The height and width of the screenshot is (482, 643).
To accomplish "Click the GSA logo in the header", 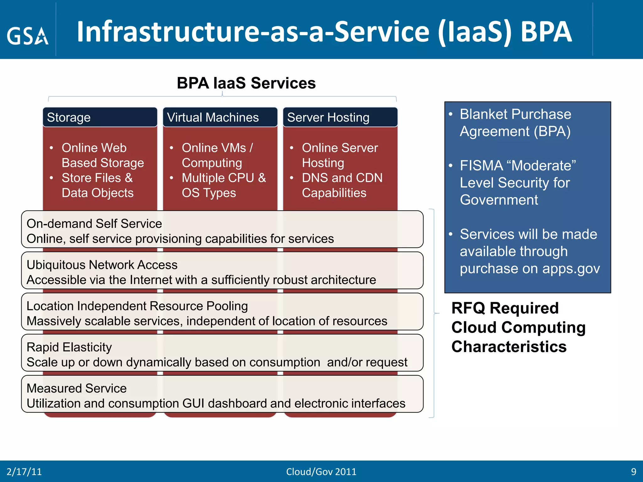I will pyautogui.click(x=28, y=36).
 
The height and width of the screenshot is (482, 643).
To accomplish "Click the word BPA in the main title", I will pyautogui.click(x=546, y=32).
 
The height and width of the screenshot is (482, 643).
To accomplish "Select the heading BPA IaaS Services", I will pyautogui.click(x=246, y=83).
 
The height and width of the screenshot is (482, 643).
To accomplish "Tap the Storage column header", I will pyautogui.click(x=69, y=117).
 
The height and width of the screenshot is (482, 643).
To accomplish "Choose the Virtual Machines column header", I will pyautogui.click(x=213, y=117).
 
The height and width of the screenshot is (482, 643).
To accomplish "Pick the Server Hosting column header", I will pyautogui.click(x=328, y=117).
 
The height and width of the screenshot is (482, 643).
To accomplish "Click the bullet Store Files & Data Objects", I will pyautogui.click(x=97, y=185).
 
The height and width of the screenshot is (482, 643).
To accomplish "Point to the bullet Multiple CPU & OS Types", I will pyautogui.click(x=224, y=185).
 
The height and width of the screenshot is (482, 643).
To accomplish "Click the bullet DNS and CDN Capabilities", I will pyautogui.click(x=342, y=185).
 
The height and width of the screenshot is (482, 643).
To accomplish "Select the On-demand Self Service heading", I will pyautogui.click(x=94, y=224).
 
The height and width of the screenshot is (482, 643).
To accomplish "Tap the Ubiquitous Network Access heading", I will pyautogui.click(x=102, y=265).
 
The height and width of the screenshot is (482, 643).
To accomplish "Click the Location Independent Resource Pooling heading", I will pyautogui.click(x=137, y=306).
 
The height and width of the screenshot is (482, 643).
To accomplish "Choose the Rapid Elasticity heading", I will pyautogui.click(x=69, y=347).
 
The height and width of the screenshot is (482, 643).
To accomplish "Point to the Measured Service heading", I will pyautogui.click(x=77, y=388).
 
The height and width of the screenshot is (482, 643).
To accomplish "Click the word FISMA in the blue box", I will pyautogui.click(x=481, y=165).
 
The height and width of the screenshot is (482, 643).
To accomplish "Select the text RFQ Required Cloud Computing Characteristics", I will pyautogui.click(x=518, y=327).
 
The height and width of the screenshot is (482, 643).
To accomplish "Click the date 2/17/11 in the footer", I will pyautogui.click(x=24, y=472).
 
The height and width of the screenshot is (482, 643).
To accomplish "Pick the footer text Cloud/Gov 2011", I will pyautogui.click(x=321, y=472).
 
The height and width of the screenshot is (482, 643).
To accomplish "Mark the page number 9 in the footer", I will pyautogui.click(x=634, y=472).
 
